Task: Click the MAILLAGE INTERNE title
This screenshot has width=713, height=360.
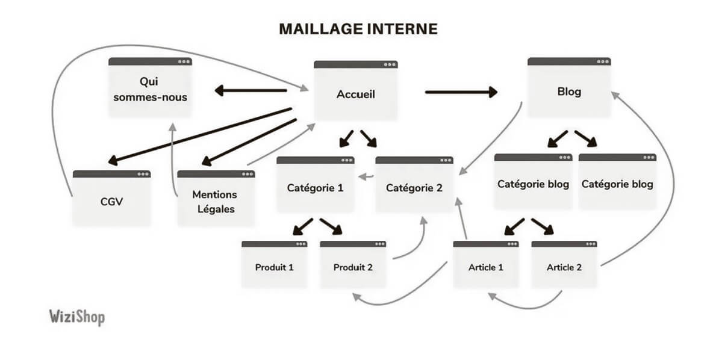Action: pos(358,29)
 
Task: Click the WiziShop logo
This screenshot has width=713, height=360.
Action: pos(76,317)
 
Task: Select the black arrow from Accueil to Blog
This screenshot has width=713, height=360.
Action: pos(461,92)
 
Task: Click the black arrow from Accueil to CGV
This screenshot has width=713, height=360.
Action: pos(199,136)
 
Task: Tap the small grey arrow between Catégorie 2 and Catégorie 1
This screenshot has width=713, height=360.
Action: pos(367,177)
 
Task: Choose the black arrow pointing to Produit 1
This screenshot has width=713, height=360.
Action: pos(302,226)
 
